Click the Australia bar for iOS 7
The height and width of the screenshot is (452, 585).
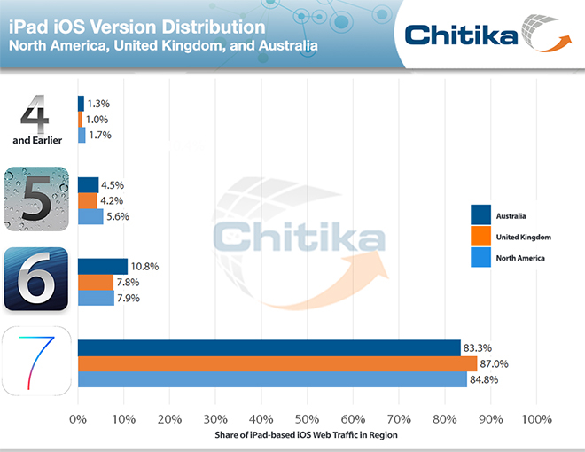pos(269,347)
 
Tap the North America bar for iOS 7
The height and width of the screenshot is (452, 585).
pos(271,379)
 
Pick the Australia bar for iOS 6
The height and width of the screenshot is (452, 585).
pos(103,266)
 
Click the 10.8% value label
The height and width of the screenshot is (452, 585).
pos(147,266)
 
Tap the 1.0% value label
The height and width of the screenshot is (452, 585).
pos(97,120)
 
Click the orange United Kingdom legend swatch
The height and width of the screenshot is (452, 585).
pos(481,237)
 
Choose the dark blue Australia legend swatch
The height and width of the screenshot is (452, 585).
pos(481,215)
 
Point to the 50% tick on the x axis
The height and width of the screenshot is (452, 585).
pos(307,417)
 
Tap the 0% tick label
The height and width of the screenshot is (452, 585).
pos(78,417)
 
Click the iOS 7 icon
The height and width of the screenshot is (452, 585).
pos(35,362)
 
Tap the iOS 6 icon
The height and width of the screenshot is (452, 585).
pos(35,279)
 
